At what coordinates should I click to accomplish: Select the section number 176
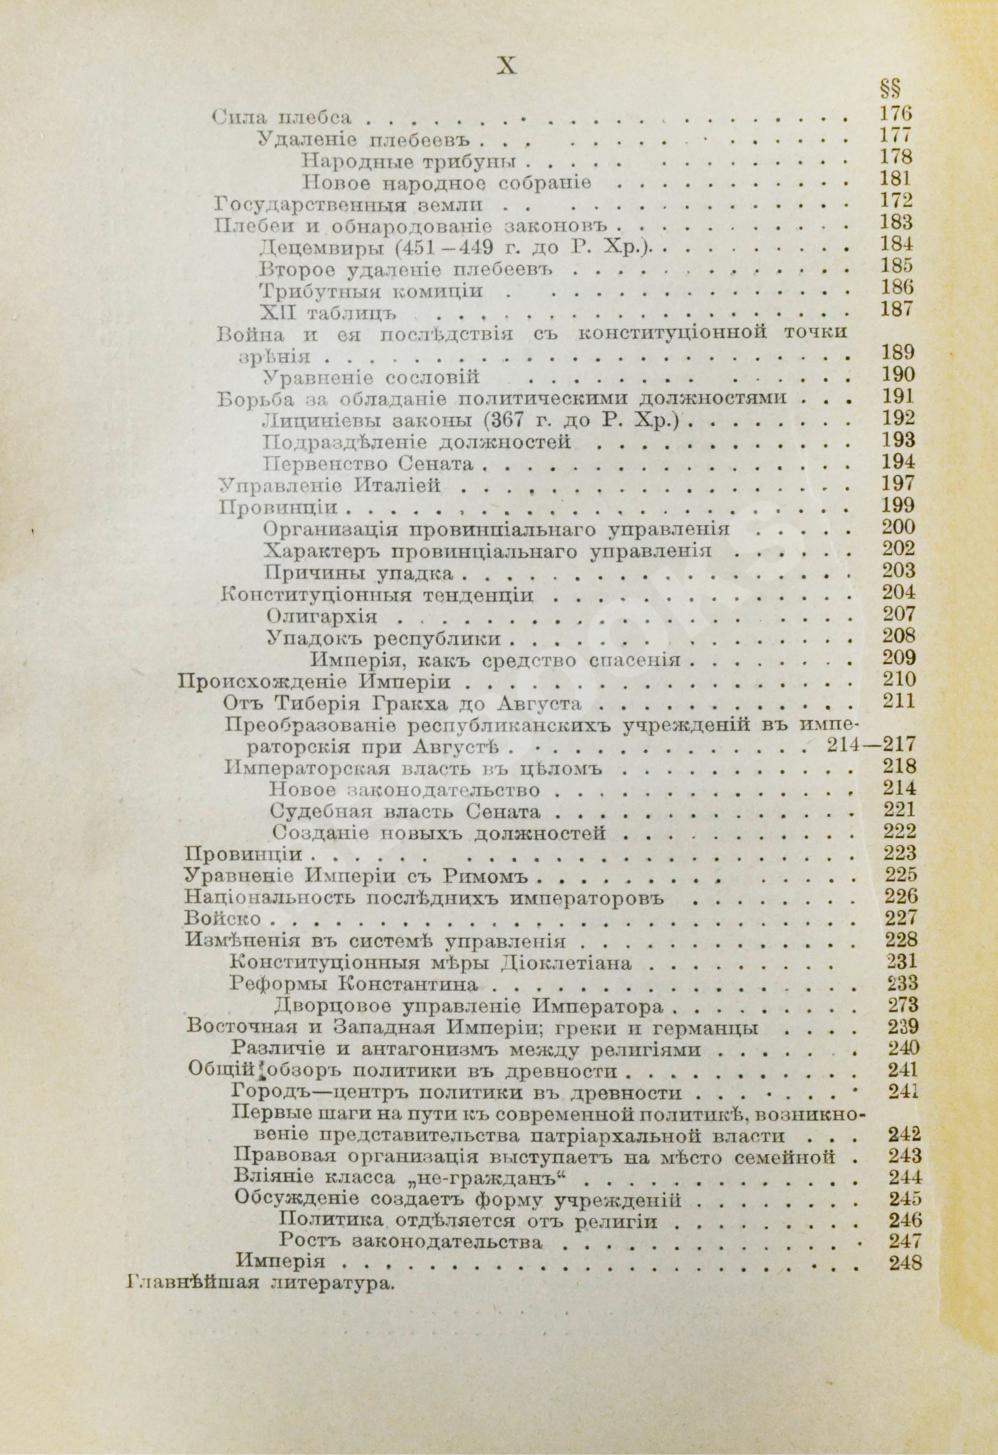[x=896, y=114]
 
